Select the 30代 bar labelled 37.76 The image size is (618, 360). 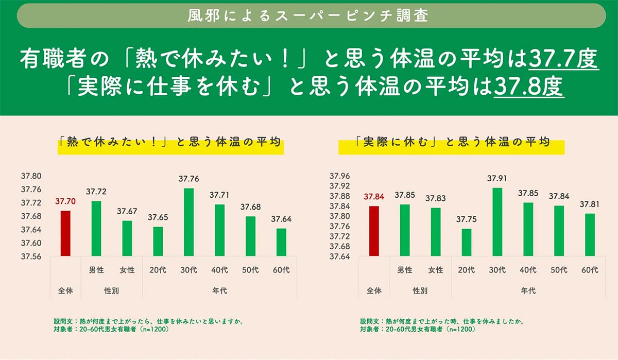pos(188,222)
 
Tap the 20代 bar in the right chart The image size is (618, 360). pos(466,243)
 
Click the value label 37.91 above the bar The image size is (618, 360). pos(497,179)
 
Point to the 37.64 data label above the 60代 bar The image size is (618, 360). pos(281,219)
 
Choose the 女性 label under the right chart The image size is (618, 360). pos(435,270)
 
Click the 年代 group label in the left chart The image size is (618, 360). pos(219,291)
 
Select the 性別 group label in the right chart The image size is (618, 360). pos(420,291)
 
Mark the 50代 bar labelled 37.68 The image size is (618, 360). pos(250,236)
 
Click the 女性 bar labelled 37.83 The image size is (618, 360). pos(435,232)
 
